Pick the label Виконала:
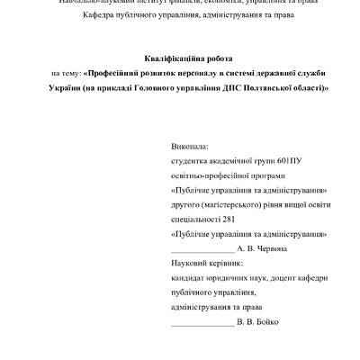pos(188,146)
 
